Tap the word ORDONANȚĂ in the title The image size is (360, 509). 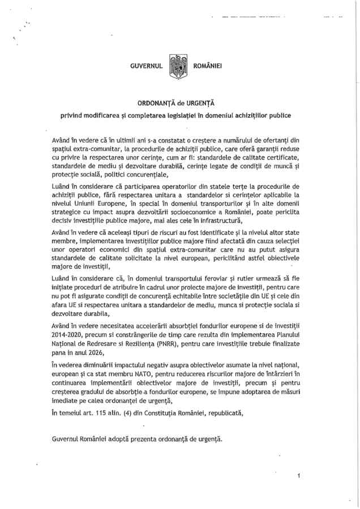157,104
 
